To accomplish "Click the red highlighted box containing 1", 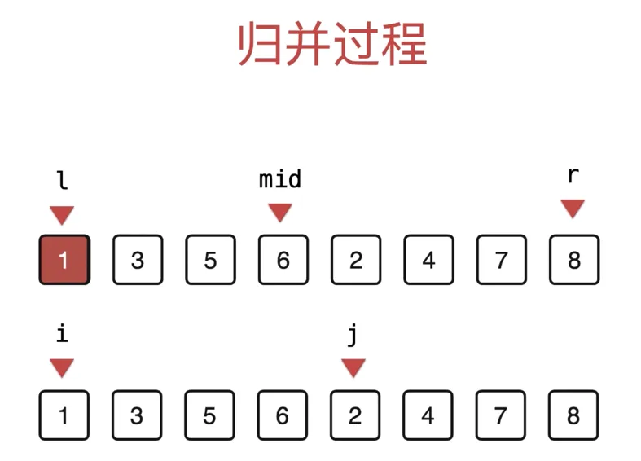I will click(64, 260).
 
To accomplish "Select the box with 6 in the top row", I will click(283, 260).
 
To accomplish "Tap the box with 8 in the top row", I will click(574, 260).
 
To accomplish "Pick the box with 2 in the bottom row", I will click(355, 415).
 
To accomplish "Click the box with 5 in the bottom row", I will click(209, 415).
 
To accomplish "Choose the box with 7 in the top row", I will click(501, 260).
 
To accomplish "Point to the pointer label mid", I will click(280, 179).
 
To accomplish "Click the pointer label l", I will click(62, 179).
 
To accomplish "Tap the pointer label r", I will click(573, 176).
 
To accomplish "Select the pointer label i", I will click(62, 332).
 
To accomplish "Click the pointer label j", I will click(353, 334).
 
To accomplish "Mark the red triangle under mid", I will click(280, 213).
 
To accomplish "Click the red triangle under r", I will click(573, 209).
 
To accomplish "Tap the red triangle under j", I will click(353, 368).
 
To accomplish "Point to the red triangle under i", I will click(62, 368).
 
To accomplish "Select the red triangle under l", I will click(62, 215).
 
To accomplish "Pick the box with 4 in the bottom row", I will click(428, 415).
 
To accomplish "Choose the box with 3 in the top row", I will click(137, 260).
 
